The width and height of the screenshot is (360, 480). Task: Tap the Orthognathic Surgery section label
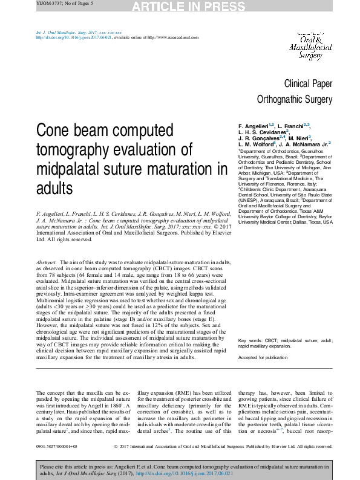295,99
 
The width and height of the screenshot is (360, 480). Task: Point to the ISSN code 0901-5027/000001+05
57,447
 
